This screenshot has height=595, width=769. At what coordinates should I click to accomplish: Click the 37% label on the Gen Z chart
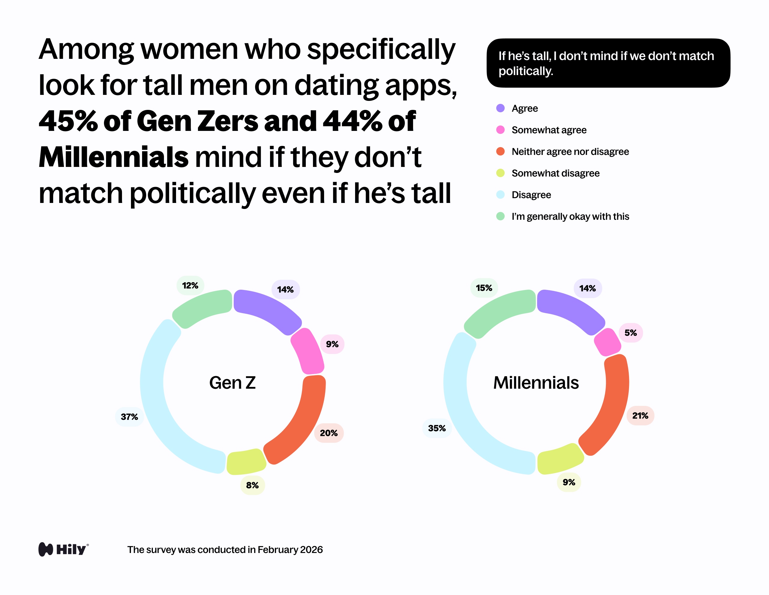(x=129, y=417)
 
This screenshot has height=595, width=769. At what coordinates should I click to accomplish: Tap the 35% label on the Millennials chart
(x=436, y=428)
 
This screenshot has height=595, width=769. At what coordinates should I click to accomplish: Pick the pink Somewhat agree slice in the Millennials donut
(x=607, y=342)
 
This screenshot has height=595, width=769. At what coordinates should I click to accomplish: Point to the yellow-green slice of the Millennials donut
(x=560, y=459)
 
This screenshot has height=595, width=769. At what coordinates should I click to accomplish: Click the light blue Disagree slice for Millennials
(x=468, y=422)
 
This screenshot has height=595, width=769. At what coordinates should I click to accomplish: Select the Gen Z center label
(x=233, y=383)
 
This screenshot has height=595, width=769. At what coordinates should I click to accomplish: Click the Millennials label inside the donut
(x=536, y=383)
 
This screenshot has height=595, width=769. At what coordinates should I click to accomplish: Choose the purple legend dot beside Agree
(x=500, y=108)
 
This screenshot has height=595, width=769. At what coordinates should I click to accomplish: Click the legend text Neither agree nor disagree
(x=570, y=152)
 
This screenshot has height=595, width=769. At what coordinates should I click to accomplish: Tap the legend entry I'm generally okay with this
(x=570, y=216)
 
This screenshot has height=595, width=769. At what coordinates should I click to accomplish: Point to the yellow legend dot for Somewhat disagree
(x=500, y=173)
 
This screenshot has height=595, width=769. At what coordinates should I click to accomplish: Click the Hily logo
(x=64, y=549)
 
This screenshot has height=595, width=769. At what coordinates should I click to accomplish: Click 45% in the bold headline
(x=68, y=121)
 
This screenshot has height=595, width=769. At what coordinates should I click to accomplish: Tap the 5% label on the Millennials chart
(x=630, y=333)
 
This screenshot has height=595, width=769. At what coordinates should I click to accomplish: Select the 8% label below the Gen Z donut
(x=252, y=485)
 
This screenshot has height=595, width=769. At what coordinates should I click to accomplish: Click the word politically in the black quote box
(x=525, y=71)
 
